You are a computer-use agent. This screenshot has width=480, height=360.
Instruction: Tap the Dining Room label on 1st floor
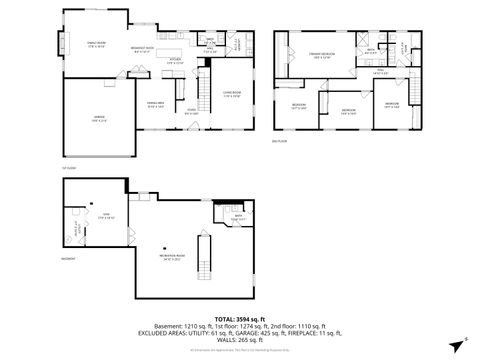pyautogui.click(x=156, y=105)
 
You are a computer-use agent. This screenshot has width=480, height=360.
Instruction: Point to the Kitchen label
pyautogui.click(x=173, y=61)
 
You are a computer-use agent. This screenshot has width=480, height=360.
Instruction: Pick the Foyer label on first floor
pyautogui.click(x=191, y=112)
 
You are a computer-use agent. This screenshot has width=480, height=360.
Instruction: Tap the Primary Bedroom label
pyautogui.click(x=321, y=55)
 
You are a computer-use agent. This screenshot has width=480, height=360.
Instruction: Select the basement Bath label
pyautogui.click(x=239, y=217)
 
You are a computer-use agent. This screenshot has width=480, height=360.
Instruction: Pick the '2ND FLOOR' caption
pyautogui.click(x=281, y=141)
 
